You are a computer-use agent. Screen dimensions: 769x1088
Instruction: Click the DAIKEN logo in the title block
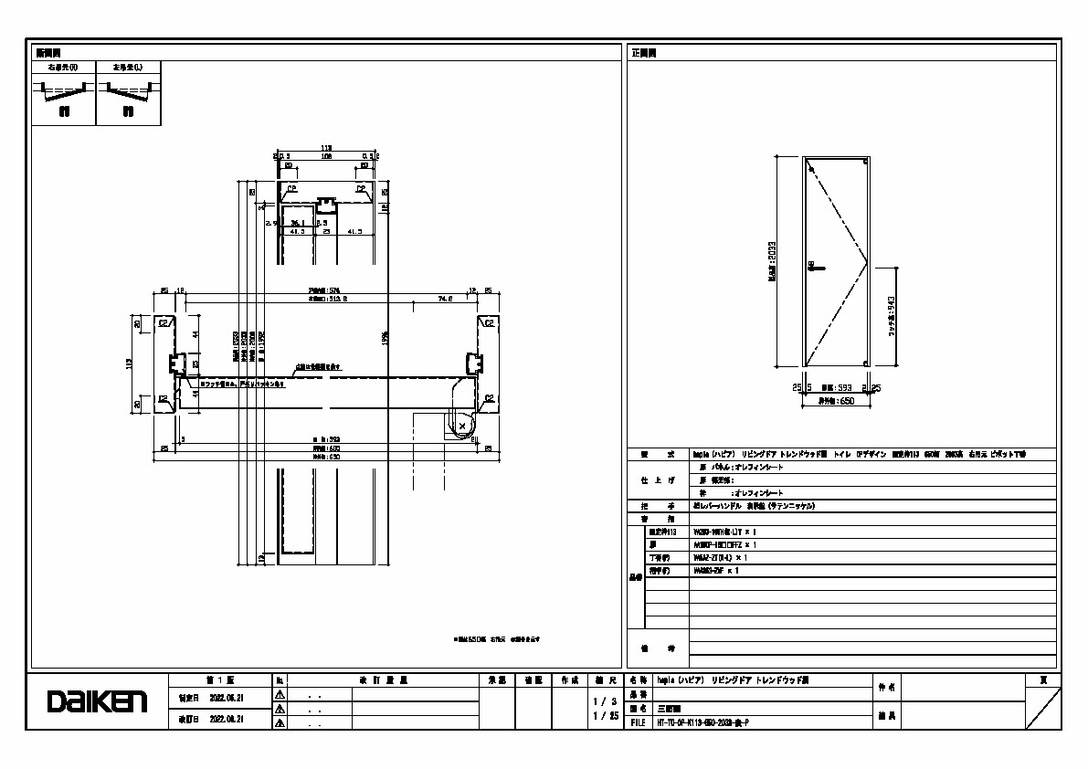coord(97,701)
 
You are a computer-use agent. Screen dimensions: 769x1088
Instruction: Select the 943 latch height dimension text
coord(891,314)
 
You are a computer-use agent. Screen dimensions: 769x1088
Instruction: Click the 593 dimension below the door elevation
coord(838,387)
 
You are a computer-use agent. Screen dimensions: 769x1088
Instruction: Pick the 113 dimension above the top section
coord(326,148)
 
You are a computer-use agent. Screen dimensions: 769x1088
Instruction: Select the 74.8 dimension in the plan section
coord(445,298)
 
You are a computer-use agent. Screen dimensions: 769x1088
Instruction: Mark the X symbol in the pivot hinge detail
coord(462,426)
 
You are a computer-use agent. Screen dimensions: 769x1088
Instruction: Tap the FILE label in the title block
coord(638,722)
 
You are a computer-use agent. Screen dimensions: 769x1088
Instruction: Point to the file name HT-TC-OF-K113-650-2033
coord(702,722)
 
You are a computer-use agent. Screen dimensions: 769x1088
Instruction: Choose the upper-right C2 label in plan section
coord(489,322)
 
